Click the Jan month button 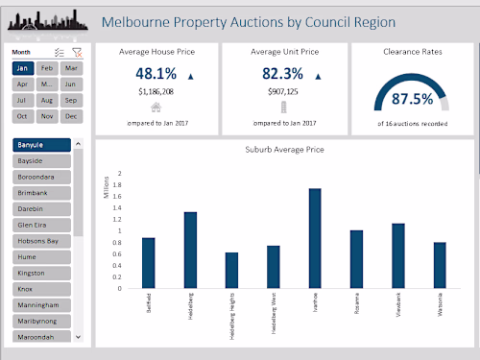coord(22,69)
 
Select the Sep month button coord(70,100)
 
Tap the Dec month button coord(70,116)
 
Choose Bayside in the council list coord(41,161)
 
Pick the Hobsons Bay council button coord(41,241)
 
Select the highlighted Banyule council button coord(41,145)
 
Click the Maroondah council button coord(41,336)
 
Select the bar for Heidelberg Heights coord(231,270)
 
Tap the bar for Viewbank coord(398,255)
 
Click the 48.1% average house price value coord(156,74)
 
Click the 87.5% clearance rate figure coord(413,99)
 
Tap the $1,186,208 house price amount coord(156,92)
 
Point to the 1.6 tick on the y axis coord(118,197)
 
